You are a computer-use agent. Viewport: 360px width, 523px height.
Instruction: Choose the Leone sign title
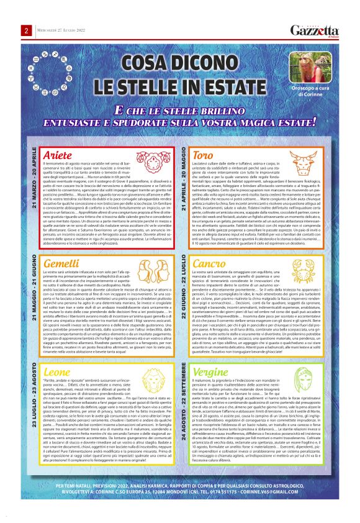click(57, 372)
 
